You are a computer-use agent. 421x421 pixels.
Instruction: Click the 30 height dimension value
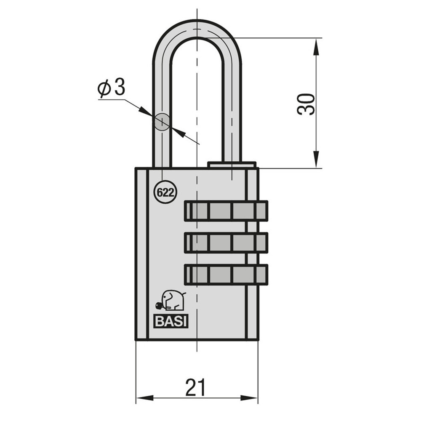pyautogui.click(x=306, y=104)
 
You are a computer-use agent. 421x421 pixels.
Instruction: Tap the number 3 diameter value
pyautogui.click(x=120, y=87)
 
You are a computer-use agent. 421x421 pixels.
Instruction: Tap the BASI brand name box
pyautogui.click(x=171, y=321)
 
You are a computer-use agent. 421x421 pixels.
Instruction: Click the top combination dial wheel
pyautogui.click(x=226, y=211)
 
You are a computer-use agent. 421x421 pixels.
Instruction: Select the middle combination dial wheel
pyautogui.click(x=226, y=243)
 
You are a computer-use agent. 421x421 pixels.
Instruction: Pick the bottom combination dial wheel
pyautogui.click(x=226, y=274)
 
